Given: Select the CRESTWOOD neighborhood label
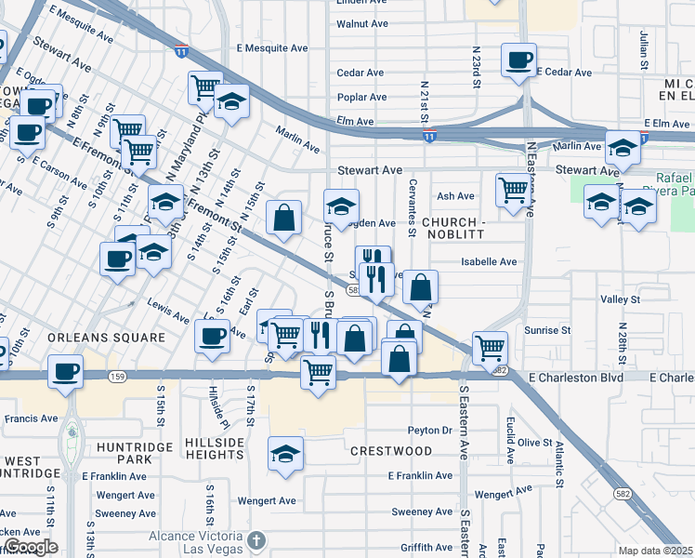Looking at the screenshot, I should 391,451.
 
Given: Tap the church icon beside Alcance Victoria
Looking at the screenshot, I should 257,539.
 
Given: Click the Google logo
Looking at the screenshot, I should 30,547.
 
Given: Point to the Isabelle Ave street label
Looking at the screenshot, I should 489,262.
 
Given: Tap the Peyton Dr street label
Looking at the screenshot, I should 429,431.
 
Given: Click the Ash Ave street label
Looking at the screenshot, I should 455,196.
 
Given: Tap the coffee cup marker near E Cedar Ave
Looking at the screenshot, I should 518,60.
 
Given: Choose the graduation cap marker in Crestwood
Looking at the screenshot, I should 285,453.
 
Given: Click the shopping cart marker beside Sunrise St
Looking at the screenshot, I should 489,348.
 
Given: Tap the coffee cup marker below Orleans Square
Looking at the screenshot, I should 65,371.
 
